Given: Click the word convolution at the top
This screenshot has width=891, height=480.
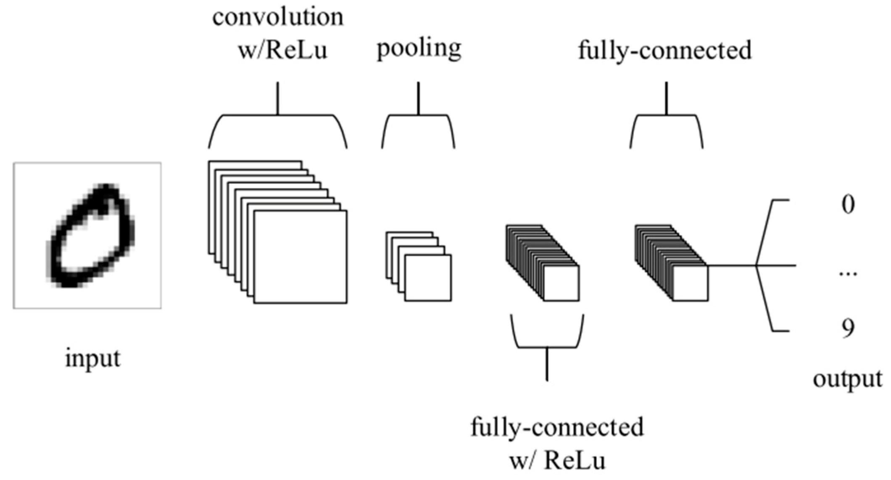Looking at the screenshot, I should coord(278,18).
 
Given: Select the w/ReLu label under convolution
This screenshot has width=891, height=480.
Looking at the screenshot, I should coord(282,50).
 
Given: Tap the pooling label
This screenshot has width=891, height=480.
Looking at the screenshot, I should coord(419,49).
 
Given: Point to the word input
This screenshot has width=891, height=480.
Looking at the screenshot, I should coord(92,359).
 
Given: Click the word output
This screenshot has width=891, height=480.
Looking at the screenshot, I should coord(847,379).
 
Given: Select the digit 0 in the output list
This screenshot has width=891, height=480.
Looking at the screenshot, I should coord(848,205).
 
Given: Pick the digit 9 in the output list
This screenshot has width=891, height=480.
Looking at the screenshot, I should coord(848,328).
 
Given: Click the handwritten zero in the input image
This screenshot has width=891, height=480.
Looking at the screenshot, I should coord(90,235).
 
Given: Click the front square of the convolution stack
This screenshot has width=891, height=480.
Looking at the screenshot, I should coord(301,257).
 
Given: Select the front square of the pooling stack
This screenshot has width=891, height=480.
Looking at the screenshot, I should coord(428,278).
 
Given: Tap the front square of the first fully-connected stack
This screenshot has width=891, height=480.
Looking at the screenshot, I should coord(561,283).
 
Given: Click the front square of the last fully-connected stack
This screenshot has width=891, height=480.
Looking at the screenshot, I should coord(691,283).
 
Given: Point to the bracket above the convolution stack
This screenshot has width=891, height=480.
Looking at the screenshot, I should coord(277,115).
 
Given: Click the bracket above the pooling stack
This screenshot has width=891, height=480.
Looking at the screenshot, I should coord(418,115).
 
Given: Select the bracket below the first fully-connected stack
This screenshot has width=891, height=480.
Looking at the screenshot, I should coord(547,347).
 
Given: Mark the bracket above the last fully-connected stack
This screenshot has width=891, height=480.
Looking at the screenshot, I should coord(666,115).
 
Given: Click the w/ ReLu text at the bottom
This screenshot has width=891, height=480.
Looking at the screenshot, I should coord(557,461).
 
